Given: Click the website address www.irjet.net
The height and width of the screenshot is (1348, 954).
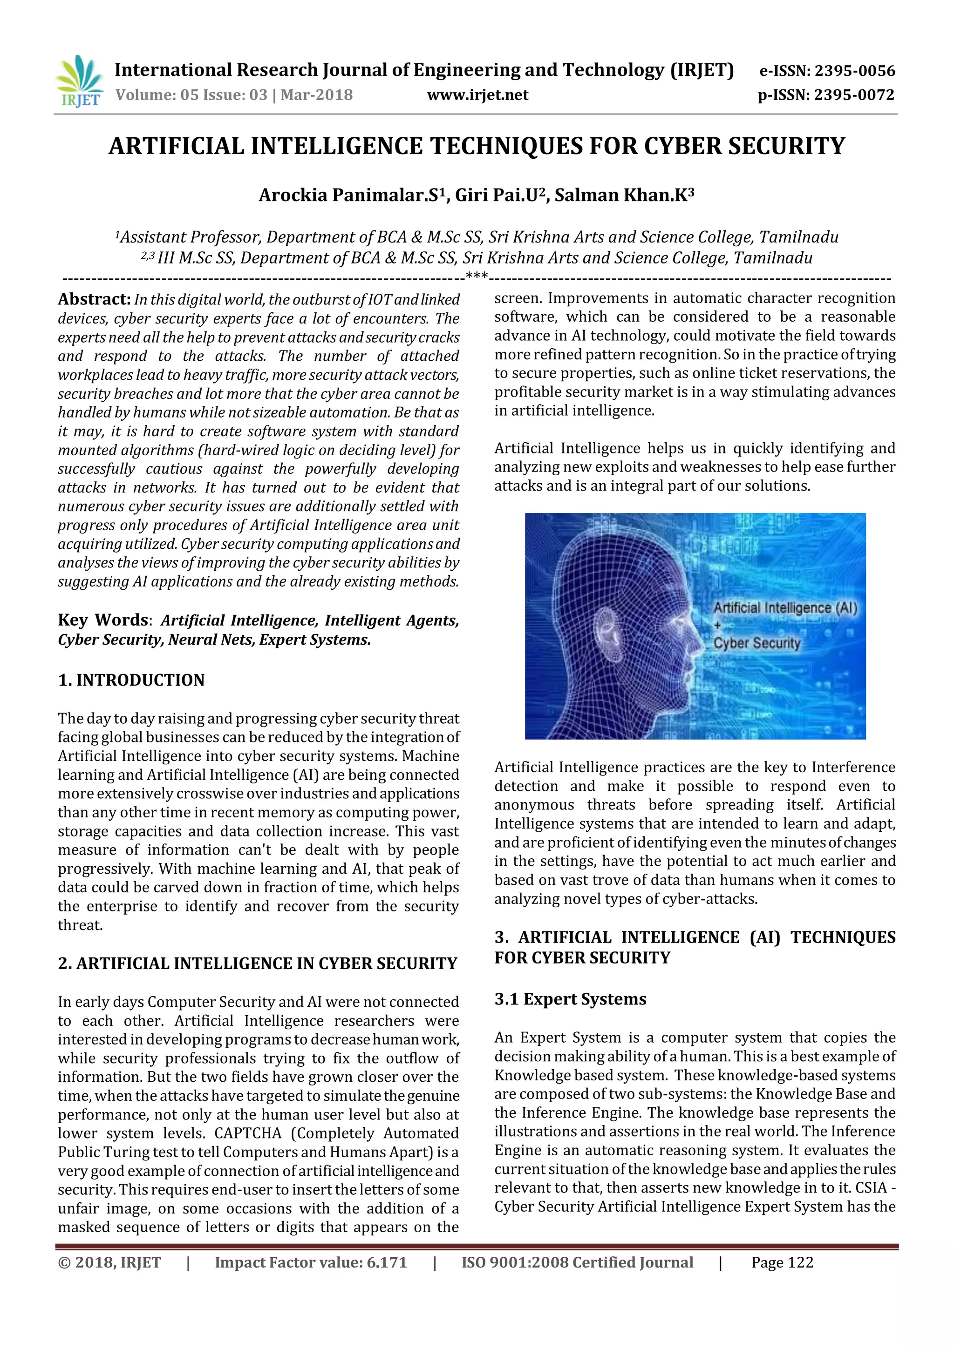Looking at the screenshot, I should [x=477, y=95].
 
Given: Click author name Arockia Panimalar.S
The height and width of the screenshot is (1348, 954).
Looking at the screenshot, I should [x=351, y=195].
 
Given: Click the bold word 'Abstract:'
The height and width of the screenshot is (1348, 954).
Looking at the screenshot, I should [x=94, y=299].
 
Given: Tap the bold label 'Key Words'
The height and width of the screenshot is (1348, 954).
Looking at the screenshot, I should [x=103, y=620].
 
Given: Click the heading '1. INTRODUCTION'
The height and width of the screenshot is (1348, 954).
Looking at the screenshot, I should [x=131, y=680].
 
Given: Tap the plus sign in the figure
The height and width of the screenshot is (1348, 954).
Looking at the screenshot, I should [x=717, y=625].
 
